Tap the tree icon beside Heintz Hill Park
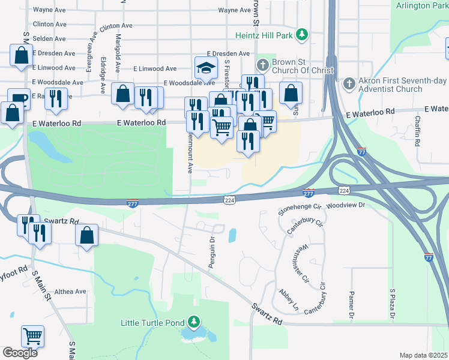(x=303, y=34)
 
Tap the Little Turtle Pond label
(x=152, y=323)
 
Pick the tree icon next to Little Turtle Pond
(x=193, y=323)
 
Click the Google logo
(x=20, y=353)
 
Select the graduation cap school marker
(x=205, y=67)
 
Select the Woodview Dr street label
(x=347, y=205)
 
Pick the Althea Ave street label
(x=71, y=292)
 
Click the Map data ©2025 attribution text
(x=423, y=355)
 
